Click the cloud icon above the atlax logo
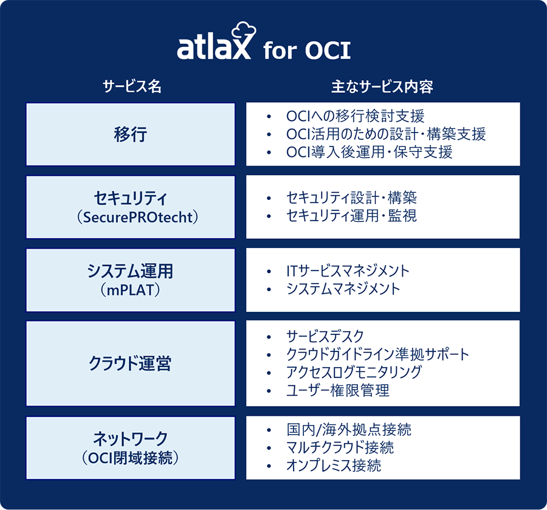244,31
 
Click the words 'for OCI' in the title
307,50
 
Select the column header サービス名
132,86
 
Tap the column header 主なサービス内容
382,86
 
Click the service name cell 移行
131,134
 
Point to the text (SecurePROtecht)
137,218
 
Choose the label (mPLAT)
130,290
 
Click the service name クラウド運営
130,363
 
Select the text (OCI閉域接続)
130,458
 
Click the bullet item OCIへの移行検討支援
355,116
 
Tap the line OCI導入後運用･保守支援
370,153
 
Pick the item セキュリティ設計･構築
351,198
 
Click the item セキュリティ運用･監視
351,216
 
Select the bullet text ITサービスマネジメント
348,271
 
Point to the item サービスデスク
325,337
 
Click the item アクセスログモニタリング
354,372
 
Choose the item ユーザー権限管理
338,390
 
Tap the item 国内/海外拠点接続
349,429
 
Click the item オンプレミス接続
334,466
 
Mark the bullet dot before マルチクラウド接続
269,448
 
